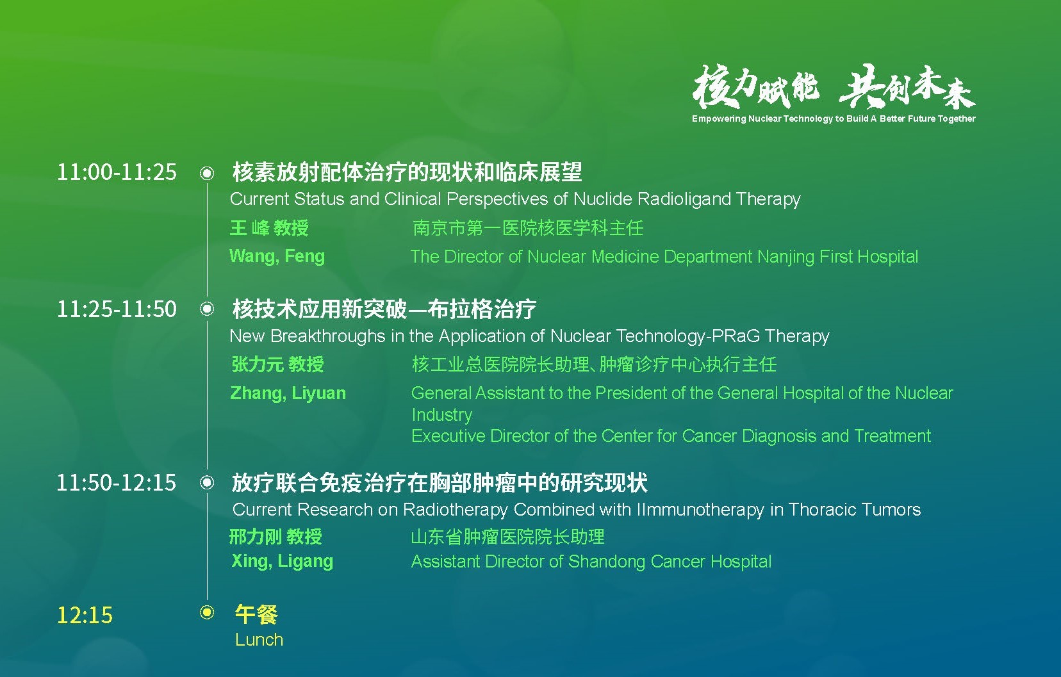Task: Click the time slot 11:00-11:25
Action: coord(117,172)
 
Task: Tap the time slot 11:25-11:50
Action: coord(117,309)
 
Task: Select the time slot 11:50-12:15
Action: coord(116,483)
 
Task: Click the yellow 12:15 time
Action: coord(85,616)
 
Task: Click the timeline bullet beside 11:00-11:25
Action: coord(207,174)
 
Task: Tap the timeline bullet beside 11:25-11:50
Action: coord(207,309)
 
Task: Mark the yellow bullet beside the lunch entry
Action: coord(207,612)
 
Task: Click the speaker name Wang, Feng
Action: coord(277,257)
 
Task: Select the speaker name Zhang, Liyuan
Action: coord(288,393)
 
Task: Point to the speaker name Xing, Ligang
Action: coord(283,561)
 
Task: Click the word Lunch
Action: coord(259,640)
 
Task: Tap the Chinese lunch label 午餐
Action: coord(256,614)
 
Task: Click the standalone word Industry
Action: coord(442,415)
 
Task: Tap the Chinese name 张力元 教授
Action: coord(277,364)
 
